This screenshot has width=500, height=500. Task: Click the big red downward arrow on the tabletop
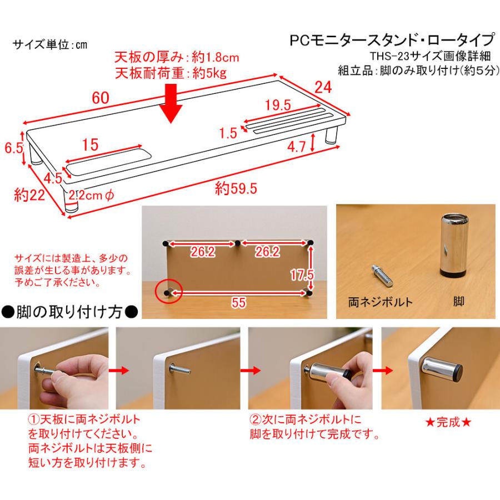[171, 103]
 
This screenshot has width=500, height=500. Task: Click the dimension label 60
[101, 98]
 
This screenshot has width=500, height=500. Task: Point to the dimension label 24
[323, 87]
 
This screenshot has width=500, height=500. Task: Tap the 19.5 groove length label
[278, 104]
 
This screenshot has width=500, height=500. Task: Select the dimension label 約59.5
[236, 188]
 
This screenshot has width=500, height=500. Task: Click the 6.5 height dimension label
[14, 148]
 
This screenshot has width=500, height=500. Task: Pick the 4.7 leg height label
[297, 147]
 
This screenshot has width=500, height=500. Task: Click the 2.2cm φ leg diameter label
[91, 195]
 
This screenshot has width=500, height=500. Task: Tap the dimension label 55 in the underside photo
[238, 302]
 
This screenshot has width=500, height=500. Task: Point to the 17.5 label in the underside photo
[302, 275]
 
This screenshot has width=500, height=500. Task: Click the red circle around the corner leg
[169, 291]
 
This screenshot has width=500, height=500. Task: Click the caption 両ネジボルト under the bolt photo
[380, 302]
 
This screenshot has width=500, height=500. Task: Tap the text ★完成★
[448, 423]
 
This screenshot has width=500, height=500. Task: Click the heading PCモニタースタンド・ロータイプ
[392, 40]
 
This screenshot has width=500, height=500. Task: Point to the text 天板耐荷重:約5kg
[171, 73]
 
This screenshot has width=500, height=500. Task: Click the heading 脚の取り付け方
[69, 312]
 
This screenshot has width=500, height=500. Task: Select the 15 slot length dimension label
[90, 145]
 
